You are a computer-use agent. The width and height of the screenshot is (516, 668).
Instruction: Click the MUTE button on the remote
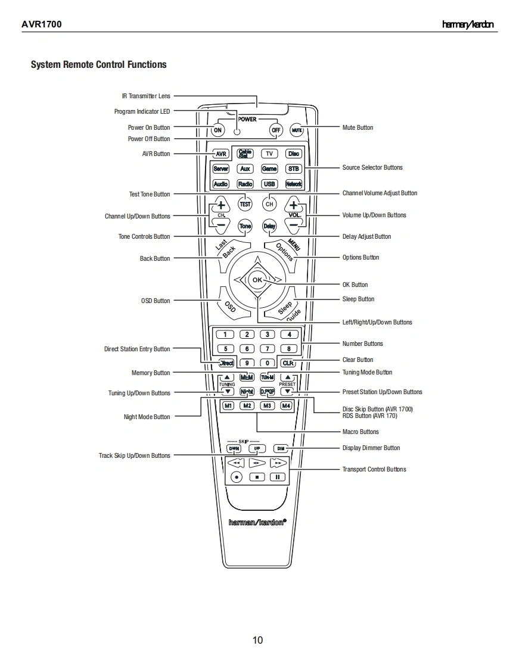click(297, 130)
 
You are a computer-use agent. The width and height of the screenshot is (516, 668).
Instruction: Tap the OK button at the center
click(257, 280)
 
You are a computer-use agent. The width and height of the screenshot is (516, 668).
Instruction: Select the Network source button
click(293, 184)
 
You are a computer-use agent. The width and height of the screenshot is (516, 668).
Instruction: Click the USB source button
click(269, 184)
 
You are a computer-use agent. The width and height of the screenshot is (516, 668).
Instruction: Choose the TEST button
click(245, 204)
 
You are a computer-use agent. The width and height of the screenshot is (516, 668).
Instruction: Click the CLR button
click(288, 363)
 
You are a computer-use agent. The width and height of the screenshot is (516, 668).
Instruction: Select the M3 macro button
click(268, 405)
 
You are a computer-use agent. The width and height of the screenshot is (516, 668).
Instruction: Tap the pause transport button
click(278, 477)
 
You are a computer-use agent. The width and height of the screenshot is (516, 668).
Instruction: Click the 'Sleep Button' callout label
click(358, 299)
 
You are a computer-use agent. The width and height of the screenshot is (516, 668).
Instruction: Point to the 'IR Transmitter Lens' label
click(146, 96)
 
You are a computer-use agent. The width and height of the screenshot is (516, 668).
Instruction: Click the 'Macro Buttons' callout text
click(360, 432)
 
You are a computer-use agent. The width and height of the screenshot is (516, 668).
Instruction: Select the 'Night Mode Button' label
click(147, 417)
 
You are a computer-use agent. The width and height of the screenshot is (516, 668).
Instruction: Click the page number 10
click(257, 640)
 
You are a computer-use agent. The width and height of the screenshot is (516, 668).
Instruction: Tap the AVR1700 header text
click(42, 24)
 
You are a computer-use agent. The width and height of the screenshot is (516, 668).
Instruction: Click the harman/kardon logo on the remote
click(257, 522)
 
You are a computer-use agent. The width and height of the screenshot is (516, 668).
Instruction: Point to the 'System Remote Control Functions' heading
click(99, 64)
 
